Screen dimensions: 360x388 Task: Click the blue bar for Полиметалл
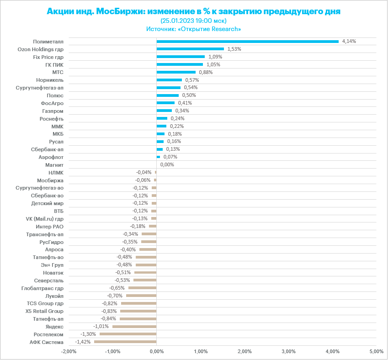pyautogui.click(x=247, y=41)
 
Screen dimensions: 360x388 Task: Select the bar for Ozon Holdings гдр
pyautogui.click(x=190, y=49)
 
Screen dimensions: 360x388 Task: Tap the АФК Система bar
pyautogui.click(x=125, y=342)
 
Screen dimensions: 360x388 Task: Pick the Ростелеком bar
pyautogui.click(x=128, y=334)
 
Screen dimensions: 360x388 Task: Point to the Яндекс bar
pyautogui.click(x=134, y=326)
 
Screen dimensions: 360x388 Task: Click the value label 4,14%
pyautogui.click(x=349, y=41)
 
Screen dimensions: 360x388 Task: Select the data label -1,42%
pyautogui.click(x=83, y=342)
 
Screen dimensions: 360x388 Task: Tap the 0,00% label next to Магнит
pyautogui.click(x=167, y=164)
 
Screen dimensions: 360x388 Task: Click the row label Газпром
pyautogui.click(x=53, y=111)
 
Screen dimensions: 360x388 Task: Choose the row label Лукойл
pyautogui.click(x=54, y=296)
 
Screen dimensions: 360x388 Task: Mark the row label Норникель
pyautogui.click(x=50, y=80)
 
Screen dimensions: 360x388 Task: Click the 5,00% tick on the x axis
pyautogui.click(x=376, y=351)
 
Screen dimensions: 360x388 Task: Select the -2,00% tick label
pyautogui.click(x=69, y=351)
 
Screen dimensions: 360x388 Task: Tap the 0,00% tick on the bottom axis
pyautogui.click(x=156, y=351)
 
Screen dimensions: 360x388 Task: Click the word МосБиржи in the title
pyautogui.click(x=119, y=11)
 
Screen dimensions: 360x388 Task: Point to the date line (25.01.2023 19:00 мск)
pyautogui.click(x=194, y=21)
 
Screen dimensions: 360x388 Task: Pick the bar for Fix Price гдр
pyautogui.click(x=181, y=57)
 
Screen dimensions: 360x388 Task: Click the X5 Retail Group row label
pyautogui.click(x=45, y=311)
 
